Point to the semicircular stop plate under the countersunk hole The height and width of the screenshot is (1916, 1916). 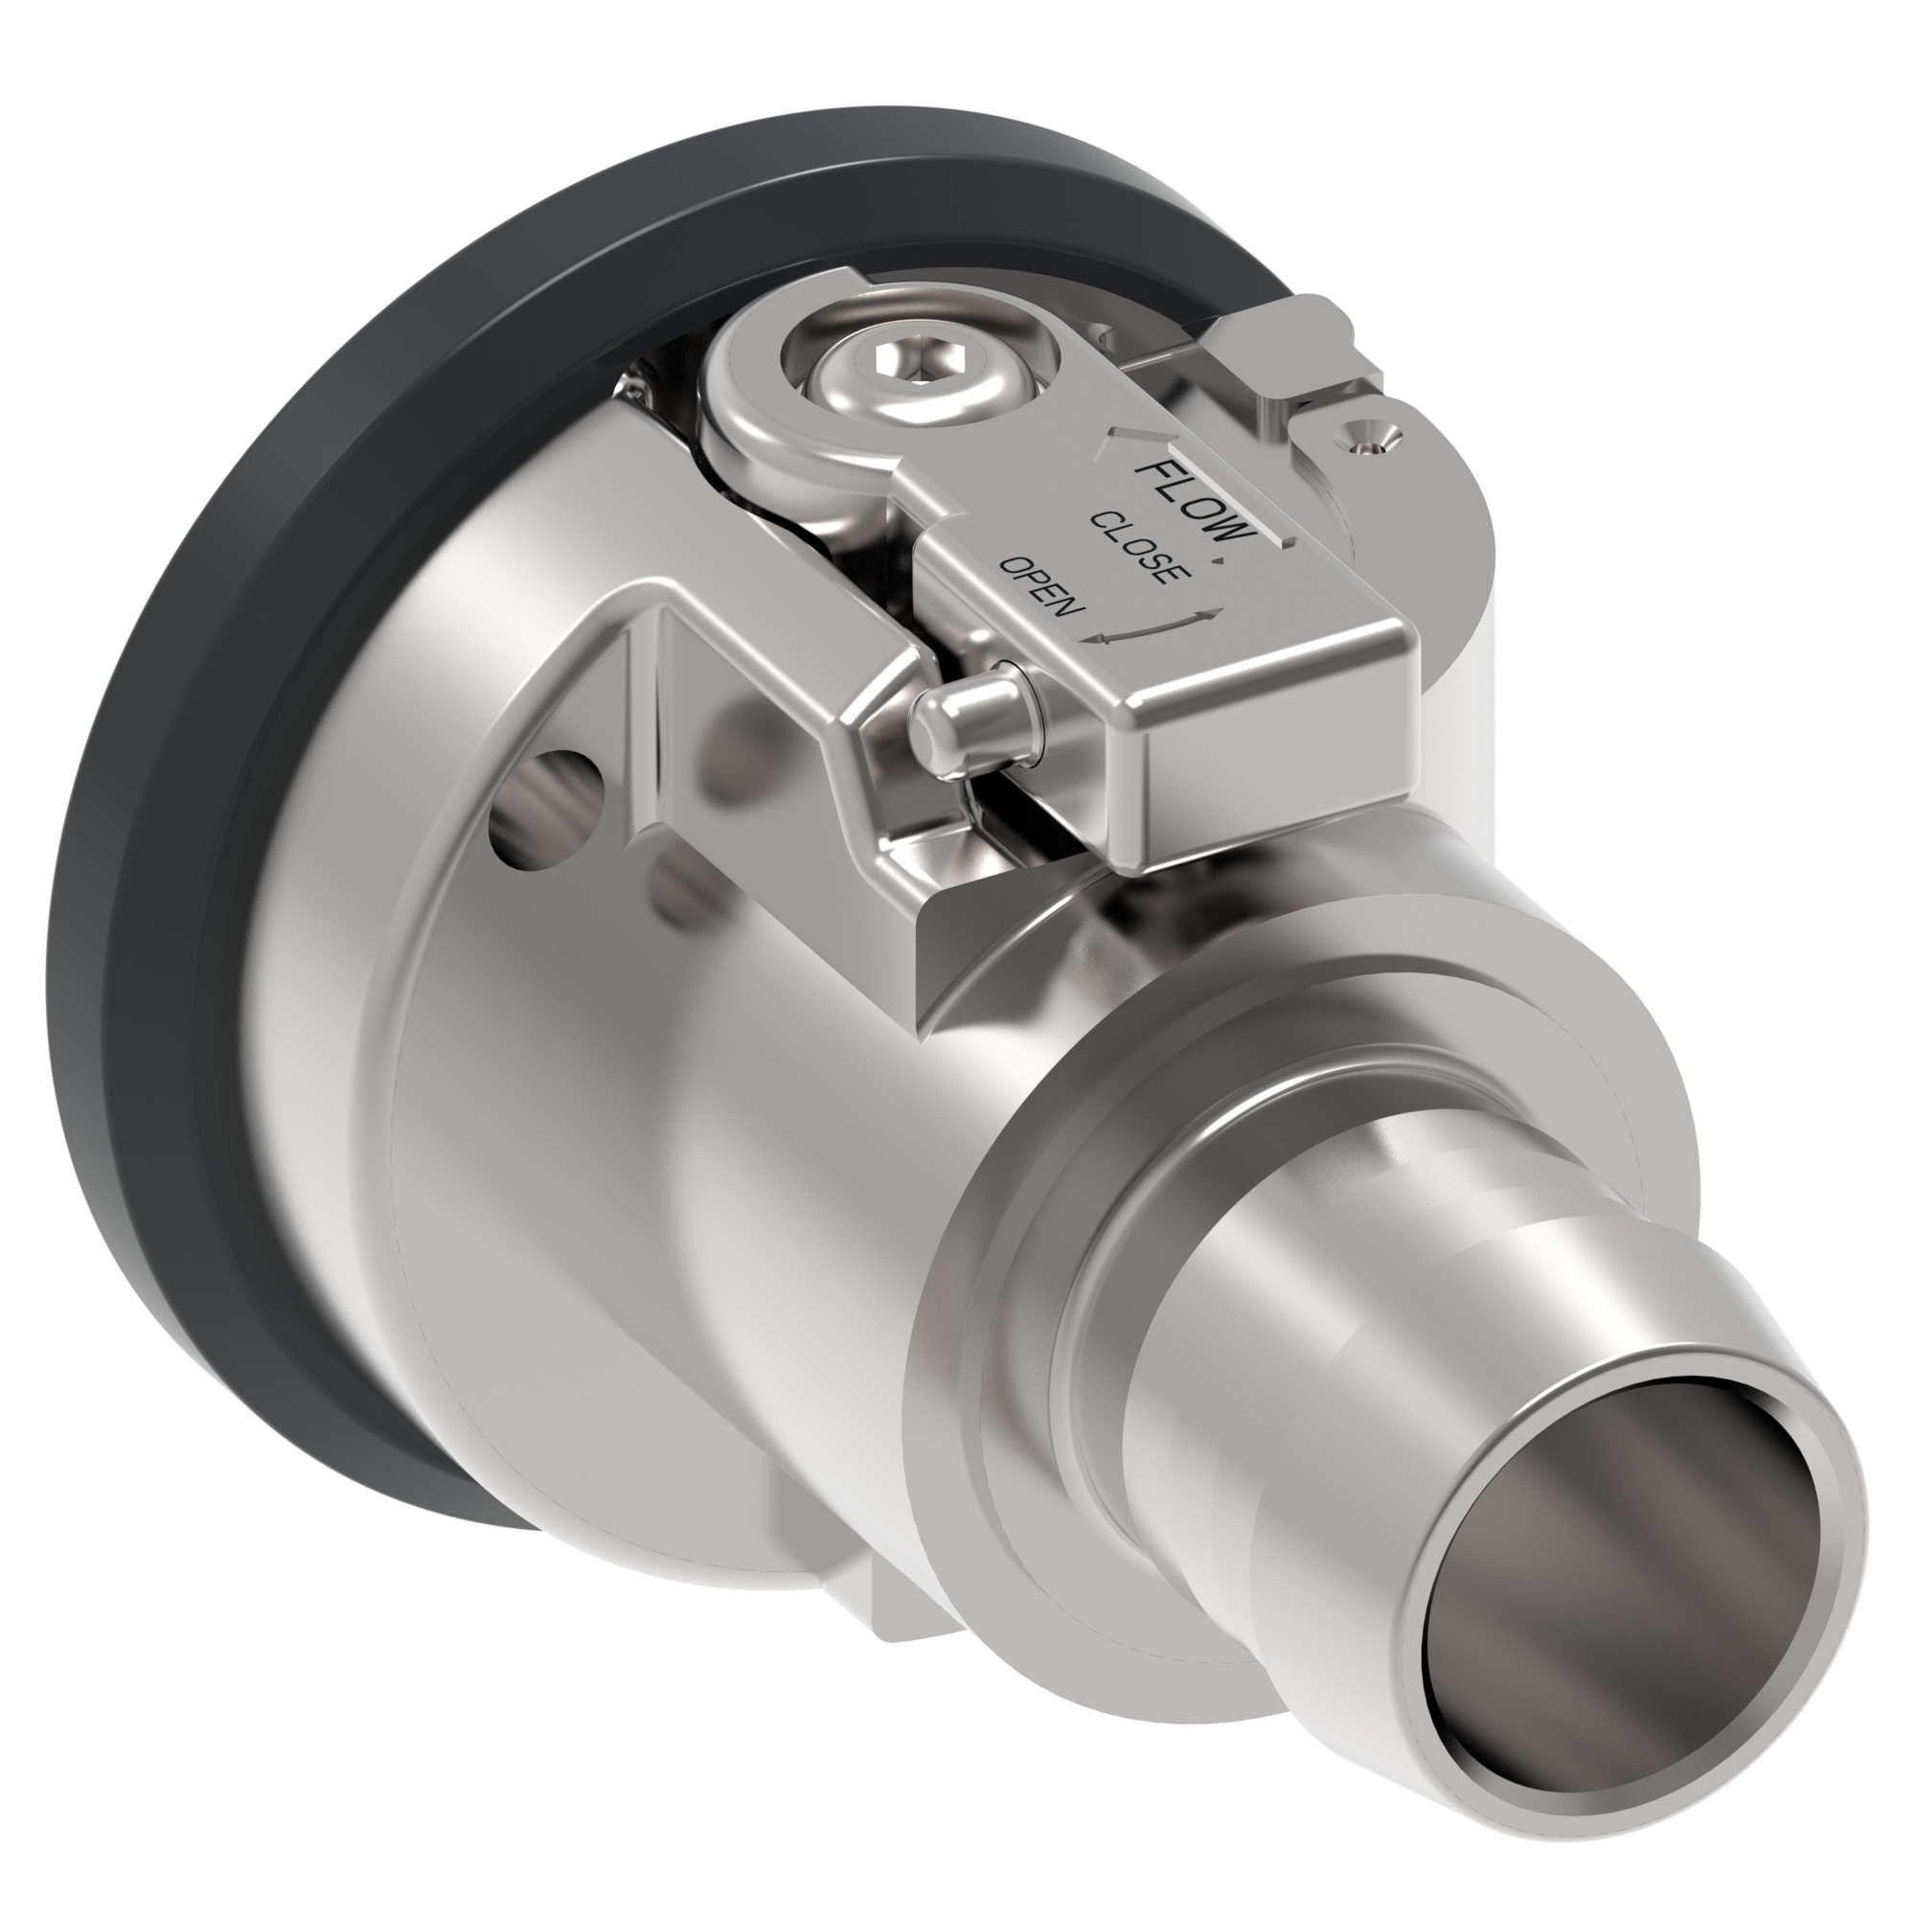click(x=1428, y=526)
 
